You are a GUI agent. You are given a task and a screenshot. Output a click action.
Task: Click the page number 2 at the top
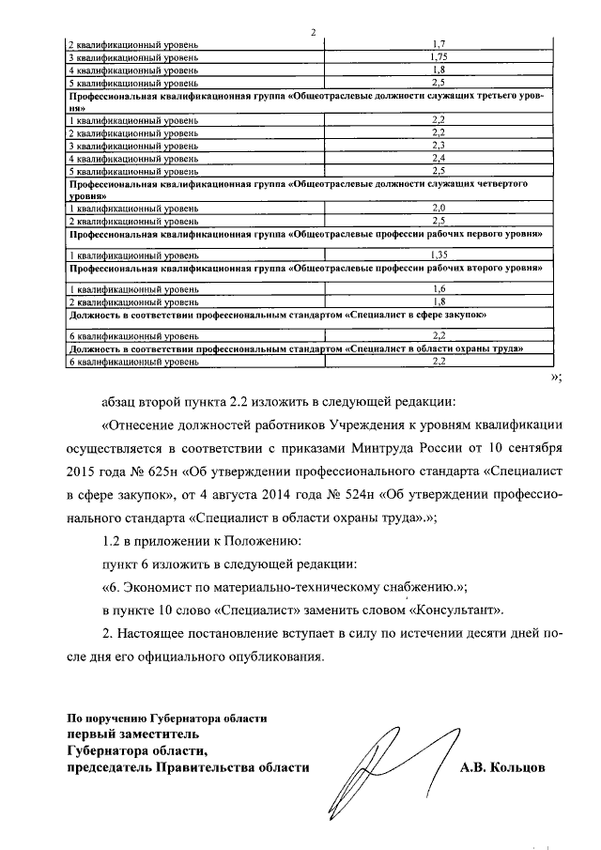[314, 33]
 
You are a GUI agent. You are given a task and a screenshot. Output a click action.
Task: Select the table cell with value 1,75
[438, 56]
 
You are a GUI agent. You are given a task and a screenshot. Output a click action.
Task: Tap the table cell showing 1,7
[438, 44]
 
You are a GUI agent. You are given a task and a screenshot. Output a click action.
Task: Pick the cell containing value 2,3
[438, 146]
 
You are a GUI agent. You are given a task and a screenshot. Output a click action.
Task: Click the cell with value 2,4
[438, 159]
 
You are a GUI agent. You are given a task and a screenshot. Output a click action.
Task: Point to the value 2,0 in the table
[438, 207]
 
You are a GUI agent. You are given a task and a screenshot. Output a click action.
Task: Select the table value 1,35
[438, 255]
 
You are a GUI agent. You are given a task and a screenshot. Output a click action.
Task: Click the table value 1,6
[438, 289]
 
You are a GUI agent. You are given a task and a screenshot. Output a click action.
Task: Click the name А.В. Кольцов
[502, 767]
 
